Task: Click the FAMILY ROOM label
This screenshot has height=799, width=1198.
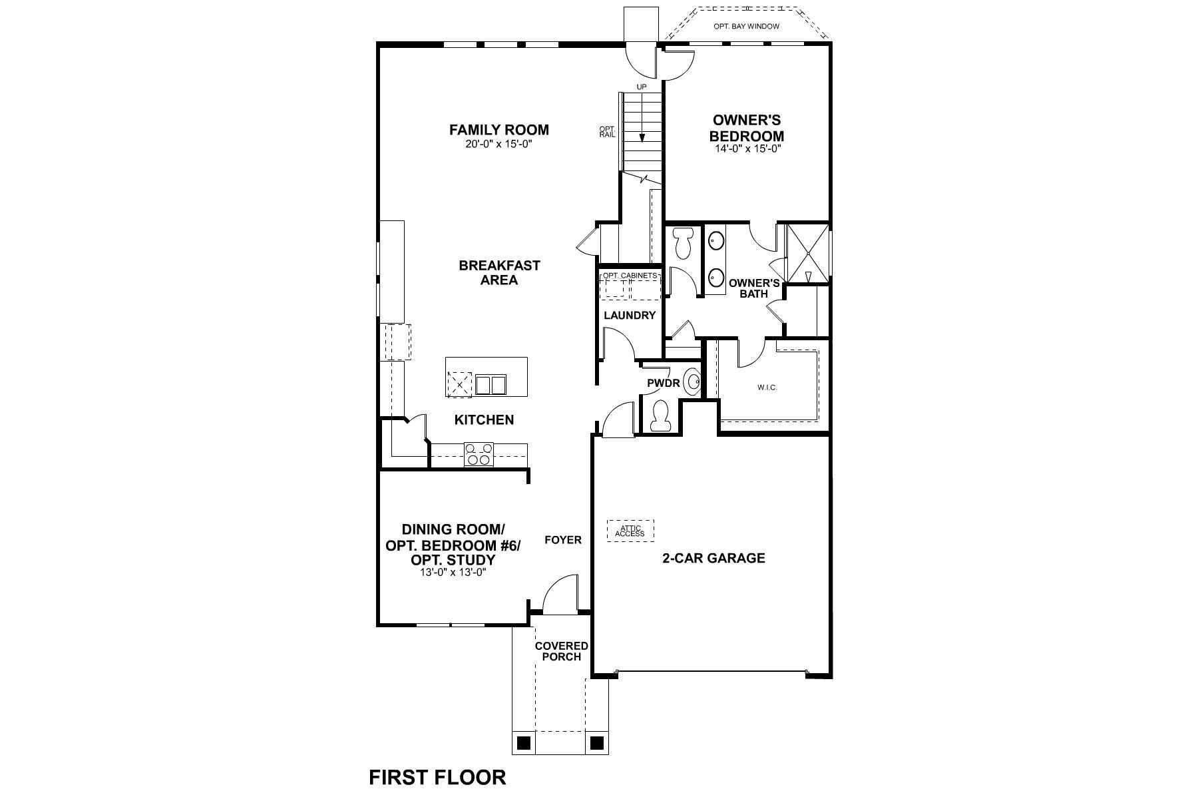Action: (499, 130)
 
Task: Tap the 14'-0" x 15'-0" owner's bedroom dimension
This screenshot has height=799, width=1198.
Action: (746, 149)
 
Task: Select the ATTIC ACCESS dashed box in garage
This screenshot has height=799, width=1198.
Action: (630, 531)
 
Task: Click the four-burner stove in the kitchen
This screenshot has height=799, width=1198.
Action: (479, 454)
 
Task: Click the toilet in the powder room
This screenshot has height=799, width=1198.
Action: (662, 416)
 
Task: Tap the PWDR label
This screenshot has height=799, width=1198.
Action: (663, 384)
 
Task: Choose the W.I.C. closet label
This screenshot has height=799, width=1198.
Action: (767, 388)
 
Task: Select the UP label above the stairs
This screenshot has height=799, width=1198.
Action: (642, 87)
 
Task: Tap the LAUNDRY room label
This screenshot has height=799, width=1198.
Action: (630, 316)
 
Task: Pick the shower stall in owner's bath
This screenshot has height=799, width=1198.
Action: (808, 254)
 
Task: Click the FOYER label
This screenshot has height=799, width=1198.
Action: (563, 540)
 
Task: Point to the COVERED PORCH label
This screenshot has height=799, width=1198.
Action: (562, 651)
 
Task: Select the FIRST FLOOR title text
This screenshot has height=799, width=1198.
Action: (437, 777)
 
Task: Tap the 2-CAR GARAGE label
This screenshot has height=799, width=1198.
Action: (713, 558)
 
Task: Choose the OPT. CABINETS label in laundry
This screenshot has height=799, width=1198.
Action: (630, 275)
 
